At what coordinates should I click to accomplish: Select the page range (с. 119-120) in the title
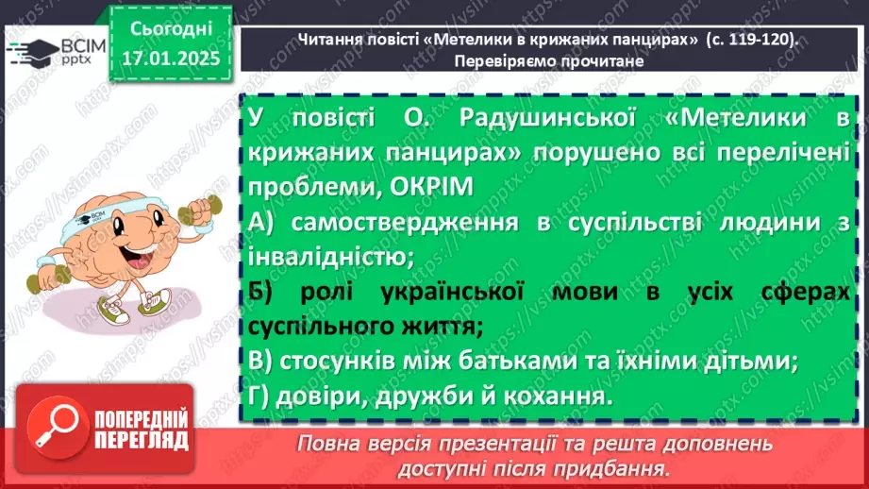pyautogui.click(x=751, y=38)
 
